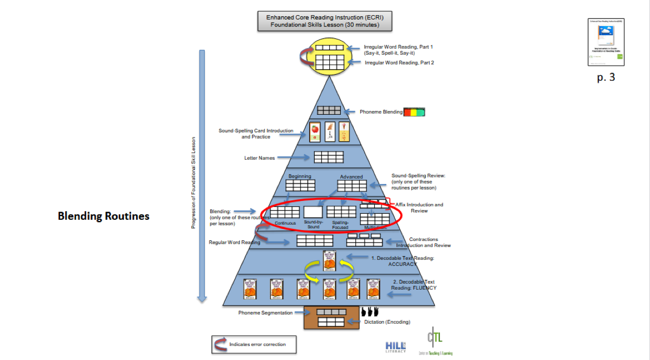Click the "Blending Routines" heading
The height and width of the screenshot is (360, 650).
(x=103, y=216)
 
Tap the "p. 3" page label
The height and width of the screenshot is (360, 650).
(x=606, y=77)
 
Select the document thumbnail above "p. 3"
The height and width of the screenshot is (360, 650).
(x=606, y=42)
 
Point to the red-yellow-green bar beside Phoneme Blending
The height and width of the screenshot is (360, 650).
(x=414, y=112)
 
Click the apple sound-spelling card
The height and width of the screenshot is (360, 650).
(x=315, y=132)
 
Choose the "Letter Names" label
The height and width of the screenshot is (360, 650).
(x=259, y=158)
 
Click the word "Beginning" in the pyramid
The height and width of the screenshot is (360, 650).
(x=300, y=176)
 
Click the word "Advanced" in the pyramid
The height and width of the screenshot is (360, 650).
(x=351, y=177)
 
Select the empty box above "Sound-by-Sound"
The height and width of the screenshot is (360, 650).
(x=313, y=212)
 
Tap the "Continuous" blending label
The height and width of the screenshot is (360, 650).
(x=285, y=223)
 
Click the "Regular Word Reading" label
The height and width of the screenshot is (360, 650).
(x=235, y=243)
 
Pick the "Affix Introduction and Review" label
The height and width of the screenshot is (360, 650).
(x=420, y=208)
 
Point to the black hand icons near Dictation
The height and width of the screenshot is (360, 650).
(x=370, y=312)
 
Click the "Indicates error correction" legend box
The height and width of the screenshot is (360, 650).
(x=249, y=344)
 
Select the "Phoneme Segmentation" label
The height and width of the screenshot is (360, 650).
(x=265, y=312)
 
